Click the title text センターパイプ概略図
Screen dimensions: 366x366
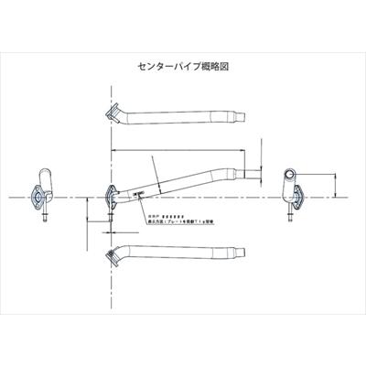click(x=183, y=67)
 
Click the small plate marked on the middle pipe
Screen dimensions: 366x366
click(x=140, y=193)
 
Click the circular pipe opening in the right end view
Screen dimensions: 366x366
click(x=291, y=176)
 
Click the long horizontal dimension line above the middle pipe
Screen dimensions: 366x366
click(x=183, y=149)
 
